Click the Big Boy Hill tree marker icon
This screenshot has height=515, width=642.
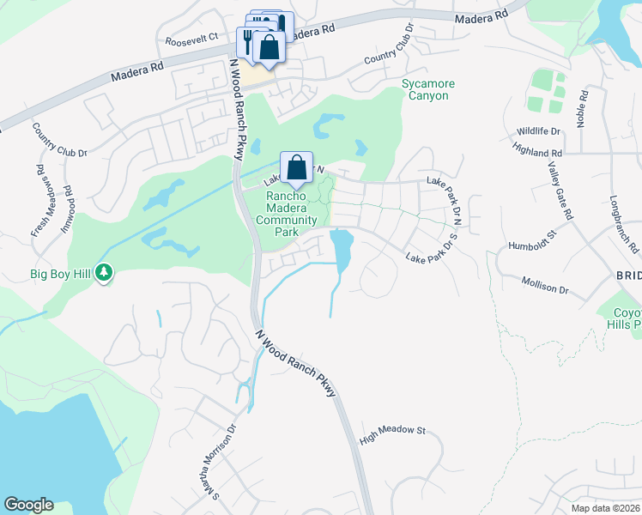[x=105, y=272]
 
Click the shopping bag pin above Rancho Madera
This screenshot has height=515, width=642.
[x=296, y=167]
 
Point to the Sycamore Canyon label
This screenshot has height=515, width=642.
[x=428, y=89]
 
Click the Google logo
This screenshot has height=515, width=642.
[x=28, y=505]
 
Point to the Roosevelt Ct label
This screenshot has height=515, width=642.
[x=192, y=40]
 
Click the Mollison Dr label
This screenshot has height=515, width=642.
[x=545, y=284]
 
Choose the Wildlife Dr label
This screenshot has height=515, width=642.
[x=538, y=131]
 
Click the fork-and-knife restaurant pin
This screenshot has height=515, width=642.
[x=248, y=41]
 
